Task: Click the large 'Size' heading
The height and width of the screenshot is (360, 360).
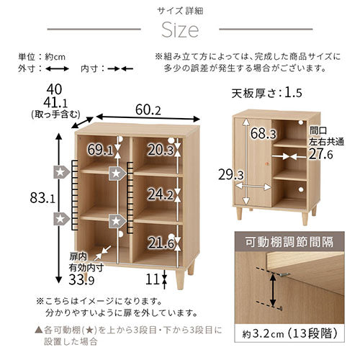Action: (x=180, y=30)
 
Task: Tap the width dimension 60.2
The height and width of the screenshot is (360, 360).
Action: (x=148, y=109)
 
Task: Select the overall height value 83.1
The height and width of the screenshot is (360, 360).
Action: (x=42, y=198)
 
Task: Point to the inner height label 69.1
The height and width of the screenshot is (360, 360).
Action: (x=100, y=150)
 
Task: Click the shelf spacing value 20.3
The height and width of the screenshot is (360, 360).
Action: (x=161, y=150)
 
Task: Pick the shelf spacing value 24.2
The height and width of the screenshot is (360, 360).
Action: (x=161, y=194)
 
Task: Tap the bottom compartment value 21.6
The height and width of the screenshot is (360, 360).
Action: (x=161, y=243)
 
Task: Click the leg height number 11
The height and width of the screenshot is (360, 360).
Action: (x=153, y=279)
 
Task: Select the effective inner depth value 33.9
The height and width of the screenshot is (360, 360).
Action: (x=81, y=279)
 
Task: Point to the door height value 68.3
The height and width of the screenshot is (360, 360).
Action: (x=264, y=133)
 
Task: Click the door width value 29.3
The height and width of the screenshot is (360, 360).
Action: (x=231, y=175)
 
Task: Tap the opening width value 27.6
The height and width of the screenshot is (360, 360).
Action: (x=321, y=154)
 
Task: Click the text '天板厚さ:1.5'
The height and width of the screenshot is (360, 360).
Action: (x=266, y=93)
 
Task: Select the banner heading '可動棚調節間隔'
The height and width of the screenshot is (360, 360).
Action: (x=289, y=242)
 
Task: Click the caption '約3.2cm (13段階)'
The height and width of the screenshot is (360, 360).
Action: (x=290, y=333)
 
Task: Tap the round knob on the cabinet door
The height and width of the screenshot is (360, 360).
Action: (x=267, y=164)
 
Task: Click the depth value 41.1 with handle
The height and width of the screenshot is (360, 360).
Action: (x=55, y=103)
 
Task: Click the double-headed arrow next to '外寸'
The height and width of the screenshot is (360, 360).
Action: (x=58, y=69)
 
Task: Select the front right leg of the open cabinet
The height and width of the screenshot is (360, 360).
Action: (x=180, y=279)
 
